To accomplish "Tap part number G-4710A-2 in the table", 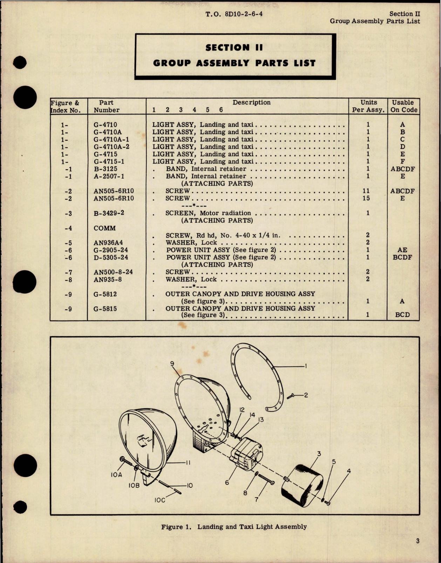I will (111, 147).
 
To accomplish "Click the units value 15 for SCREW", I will (368, 198).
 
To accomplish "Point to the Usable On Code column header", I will (403, 106).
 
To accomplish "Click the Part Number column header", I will (106, 106).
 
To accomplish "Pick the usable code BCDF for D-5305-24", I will (402, 257).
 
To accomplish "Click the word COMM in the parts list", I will (104, 228).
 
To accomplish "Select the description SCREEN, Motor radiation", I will (208, 213).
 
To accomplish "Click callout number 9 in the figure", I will (172, 364).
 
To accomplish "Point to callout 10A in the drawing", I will (116, 475).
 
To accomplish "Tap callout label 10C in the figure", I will (160, 500).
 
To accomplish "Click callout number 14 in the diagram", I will (252, 415).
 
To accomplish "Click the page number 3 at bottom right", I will (418, 541).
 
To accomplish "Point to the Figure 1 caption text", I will (234, 527).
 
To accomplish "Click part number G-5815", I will (105, 309).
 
